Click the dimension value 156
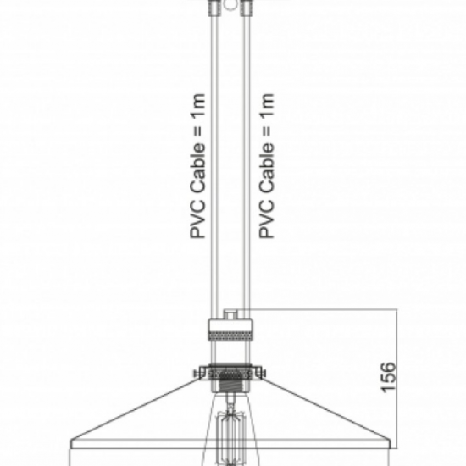coord(386,376)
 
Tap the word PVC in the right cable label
coord(266,223)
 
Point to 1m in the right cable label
coord(266,104)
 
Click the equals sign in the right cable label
coord(266,132)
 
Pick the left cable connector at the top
coord(213,8)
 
